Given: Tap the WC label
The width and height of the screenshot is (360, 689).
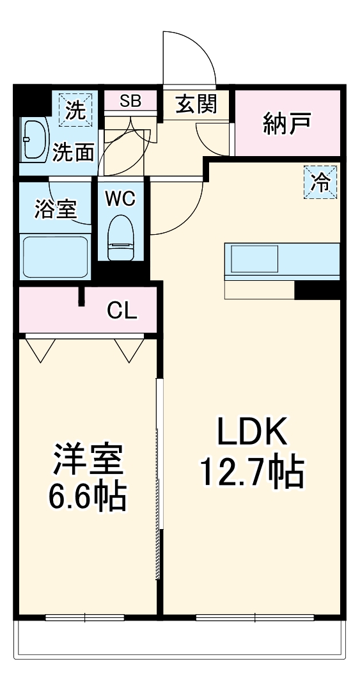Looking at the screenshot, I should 120,199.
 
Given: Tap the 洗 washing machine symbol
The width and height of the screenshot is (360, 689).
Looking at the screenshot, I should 75,110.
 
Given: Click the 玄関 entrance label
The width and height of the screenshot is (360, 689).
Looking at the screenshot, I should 195,104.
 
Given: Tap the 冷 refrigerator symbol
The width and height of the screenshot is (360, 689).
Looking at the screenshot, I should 319,182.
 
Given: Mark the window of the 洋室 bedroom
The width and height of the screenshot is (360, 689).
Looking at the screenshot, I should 84,617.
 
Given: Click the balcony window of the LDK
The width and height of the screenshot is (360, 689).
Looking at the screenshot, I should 254,617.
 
